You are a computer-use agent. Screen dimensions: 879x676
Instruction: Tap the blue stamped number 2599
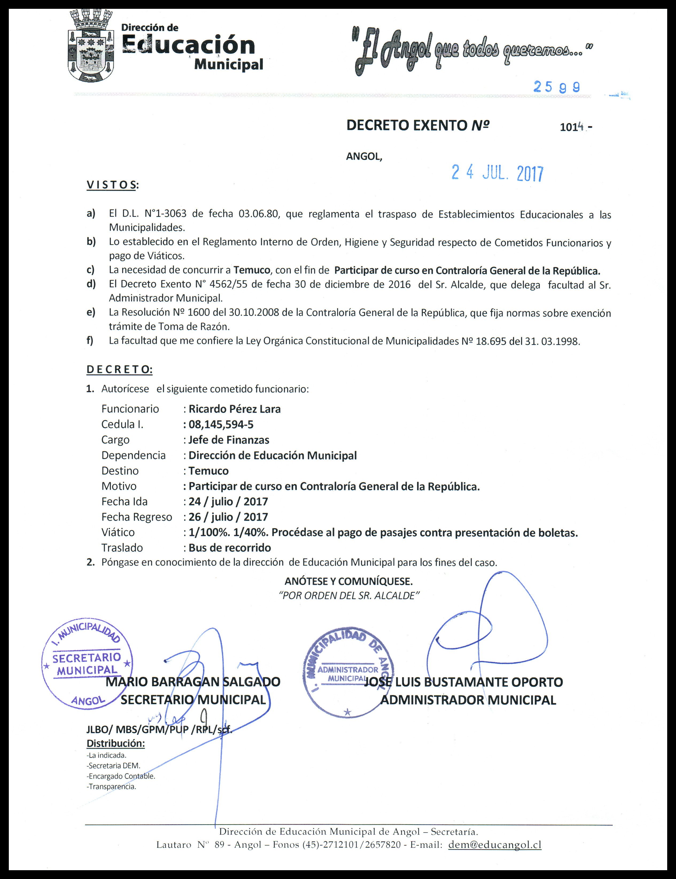point(557,87)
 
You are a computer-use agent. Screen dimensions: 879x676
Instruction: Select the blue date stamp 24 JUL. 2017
point(497,173)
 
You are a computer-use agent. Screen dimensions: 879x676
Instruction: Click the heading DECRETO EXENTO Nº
point(418,126)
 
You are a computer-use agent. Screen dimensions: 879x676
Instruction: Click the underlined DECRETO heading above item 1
point(119,370)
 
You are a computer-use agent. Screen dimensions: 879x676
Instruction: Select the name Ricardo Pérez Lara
point(235,409)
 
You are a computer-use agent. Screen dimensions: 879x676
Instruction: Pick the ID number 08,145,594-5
point(221,424)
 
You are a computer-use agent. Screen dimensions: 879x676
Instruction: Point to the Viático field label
point(118,532)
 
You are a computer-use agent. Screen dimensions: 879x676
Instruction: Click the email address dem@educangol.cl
point(495,845)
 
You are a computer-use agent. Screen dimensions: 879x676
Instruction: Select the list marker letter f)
point(90,341)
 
